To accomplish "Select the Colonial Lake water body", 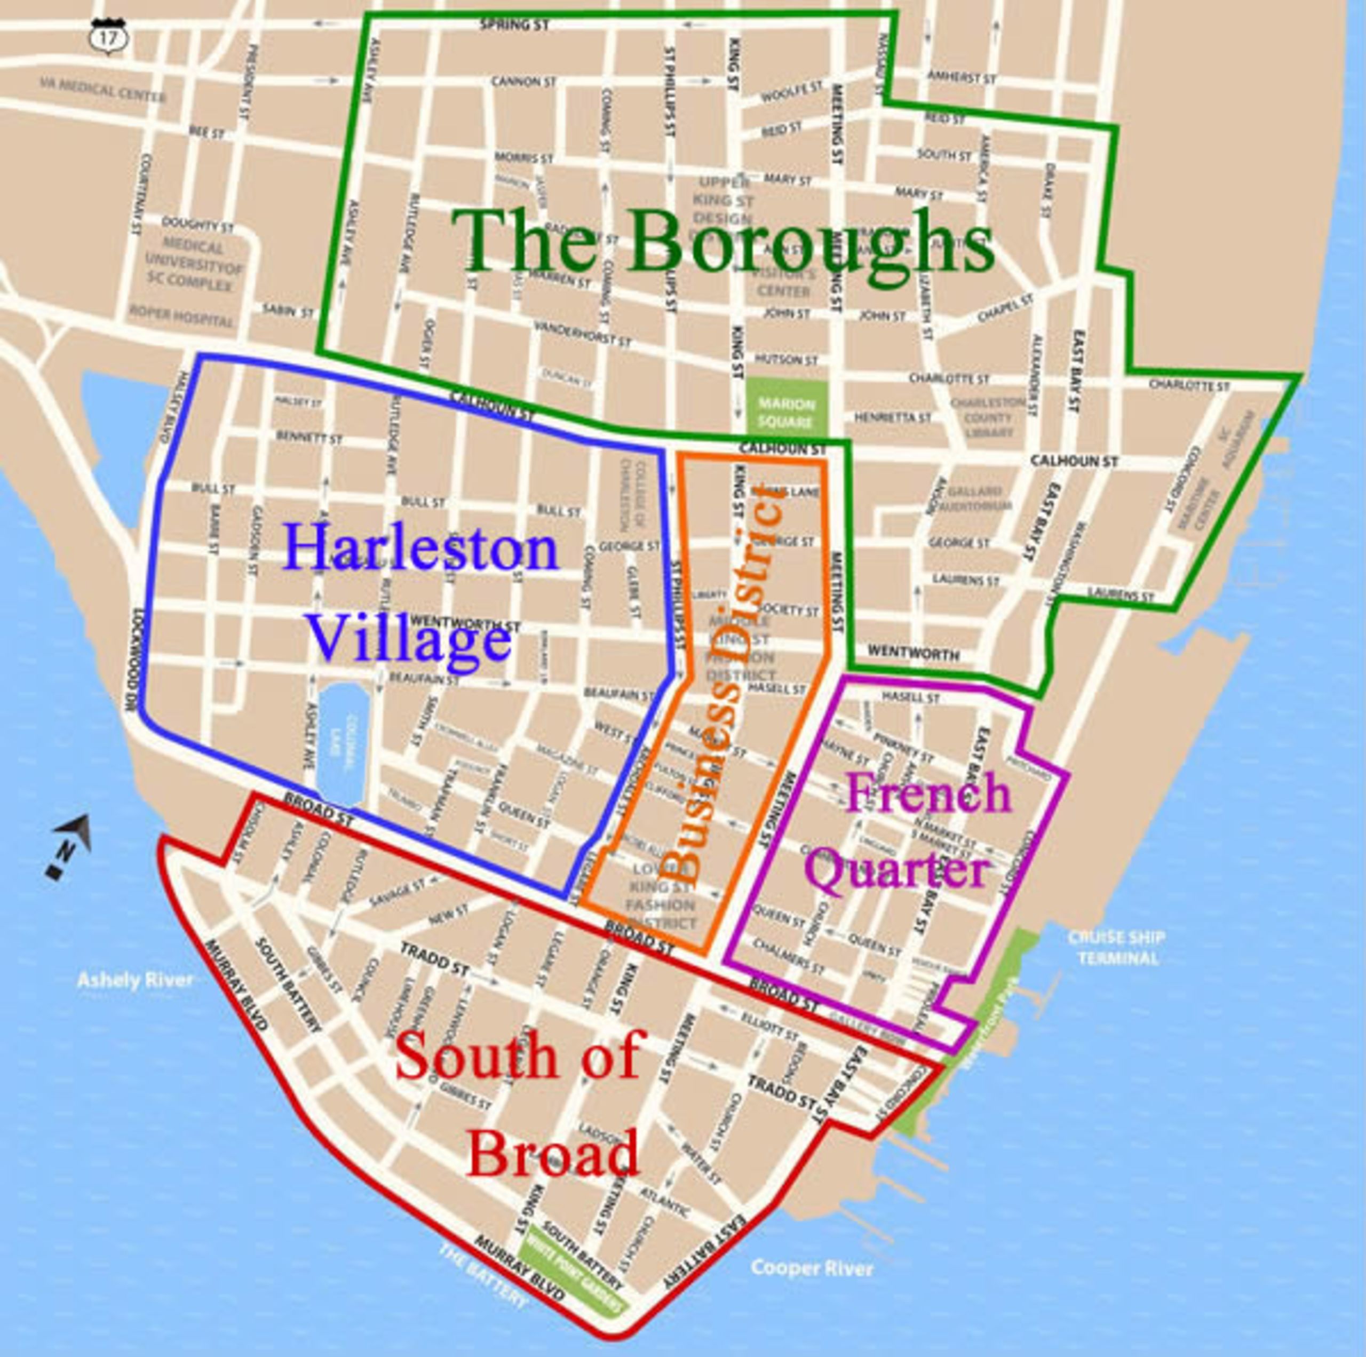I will [x=341, y=742].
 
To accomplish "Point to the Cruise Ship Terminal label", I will [x=1116, y=948].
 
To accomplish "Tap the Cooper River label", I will [x=812, y=1268].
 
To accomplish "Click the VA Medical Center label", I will [x=102, y=91].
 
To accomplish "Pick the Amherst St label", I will [x=962, y=77].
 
